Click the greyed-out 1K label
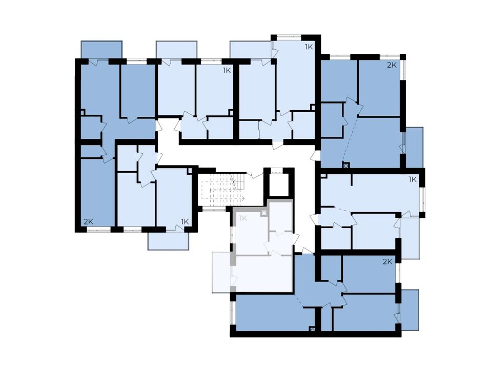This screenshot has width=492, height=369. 243,218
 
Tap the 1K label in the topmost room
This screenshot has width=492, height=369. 309,47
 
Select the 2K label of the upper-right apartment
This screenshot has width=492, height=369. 392,65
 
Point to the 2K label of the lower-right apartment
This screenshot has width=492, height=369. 387,262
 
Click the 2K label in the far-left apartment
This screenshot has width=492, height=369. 89,221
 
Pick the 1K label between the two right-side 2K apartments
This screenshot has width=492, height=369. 412,179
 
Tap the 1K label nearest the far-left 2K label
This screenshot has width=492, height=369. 184,221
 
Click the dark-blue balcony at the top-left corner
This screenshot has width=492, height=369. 101,50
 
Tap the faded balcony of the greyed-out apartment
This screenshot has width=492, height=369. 222,272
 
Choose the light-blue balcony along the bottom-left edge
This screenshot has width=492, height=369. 169,241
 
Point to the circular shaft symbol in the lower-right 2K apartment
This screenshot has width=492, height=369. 312,329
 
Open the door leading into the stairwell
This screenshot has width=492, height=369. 255,174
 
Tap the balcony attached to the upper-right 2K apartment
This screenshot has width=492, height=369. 414,148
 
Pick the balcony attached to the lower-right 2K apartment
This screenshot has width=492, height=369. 410,310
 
